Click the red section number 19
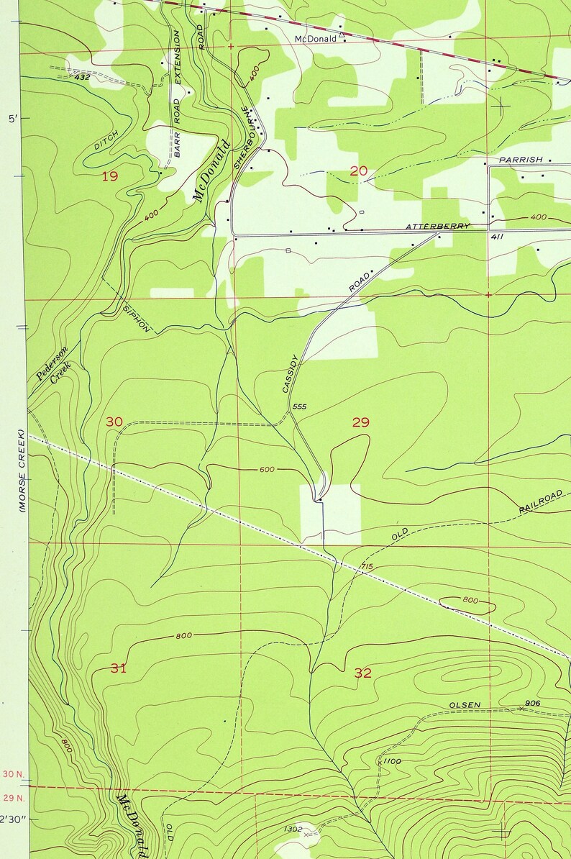pyautogui.click(x=109, y=176)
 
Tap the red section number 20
pyautogui.click(x=358, y=171)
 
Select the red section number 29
pyautogui.click(x=360, y=422)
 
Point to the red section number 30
pyautogui.click(x=114, y=422)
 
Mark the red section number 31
pyautogui.click(x=119, y=668)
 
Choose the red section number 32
pyautogui.click(x=363, y=673)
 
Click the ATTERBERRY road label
pyautogui.click(x=437, y=227)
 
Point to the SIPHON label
pyautogui.click(x=137, y=316)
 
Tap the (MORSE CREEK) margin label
pyautogui.click(x=22, y=471)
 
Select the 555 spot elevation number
pyautogui.click(x=300, y=407)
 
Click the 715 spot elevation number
pyautogui.click(x=366, y=568)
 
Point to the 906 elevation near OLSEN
pyautogui.click(x=532, y=703)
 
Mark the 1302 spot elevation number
pyautogui.click(x=292, y=830)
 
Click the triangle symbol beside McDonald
pyautogui.click(x=342, y=33)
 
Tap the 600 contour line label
pyautogui.click(x=266, y=470)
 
